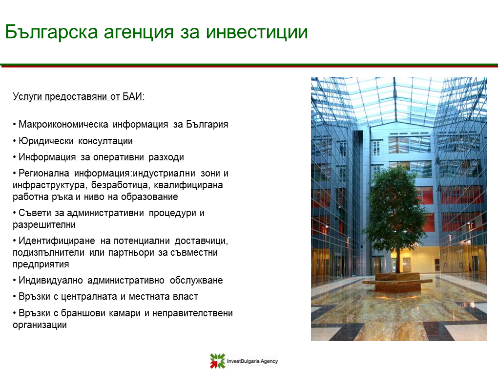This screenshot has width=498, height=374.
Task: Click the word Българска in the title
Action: tap(51, 32)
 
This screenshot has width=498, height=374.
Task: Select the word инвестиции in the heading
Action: tap(257, 32)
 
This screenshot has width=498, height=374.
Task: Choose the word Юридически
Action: tap(46, 141)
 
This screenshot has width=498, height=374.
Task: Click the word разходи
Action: tap(166, 157)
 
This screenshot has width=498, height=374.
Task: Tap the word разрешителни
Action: tap(44, 225)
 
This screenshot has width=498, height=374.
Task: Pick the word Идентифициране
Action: tap(57, 241)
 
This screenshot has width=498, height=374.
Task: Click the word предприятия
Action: tap(41, 264)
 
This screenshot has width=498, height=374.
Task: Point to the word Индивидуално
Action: tap(50, 281)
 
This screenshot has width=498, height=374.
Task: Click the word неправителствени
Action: tap(192, 313)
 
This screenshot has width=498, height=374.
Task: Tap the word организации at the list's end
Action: tap(40, 325)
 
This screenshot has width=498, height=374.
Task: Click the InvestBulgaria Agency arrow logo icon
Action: tap(218, 361)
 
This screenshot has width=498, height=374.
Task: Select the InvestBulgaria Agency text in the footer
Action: tap(252, 361)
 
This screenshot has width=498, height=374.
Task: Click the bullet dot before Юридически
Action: tap(15, 141)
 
